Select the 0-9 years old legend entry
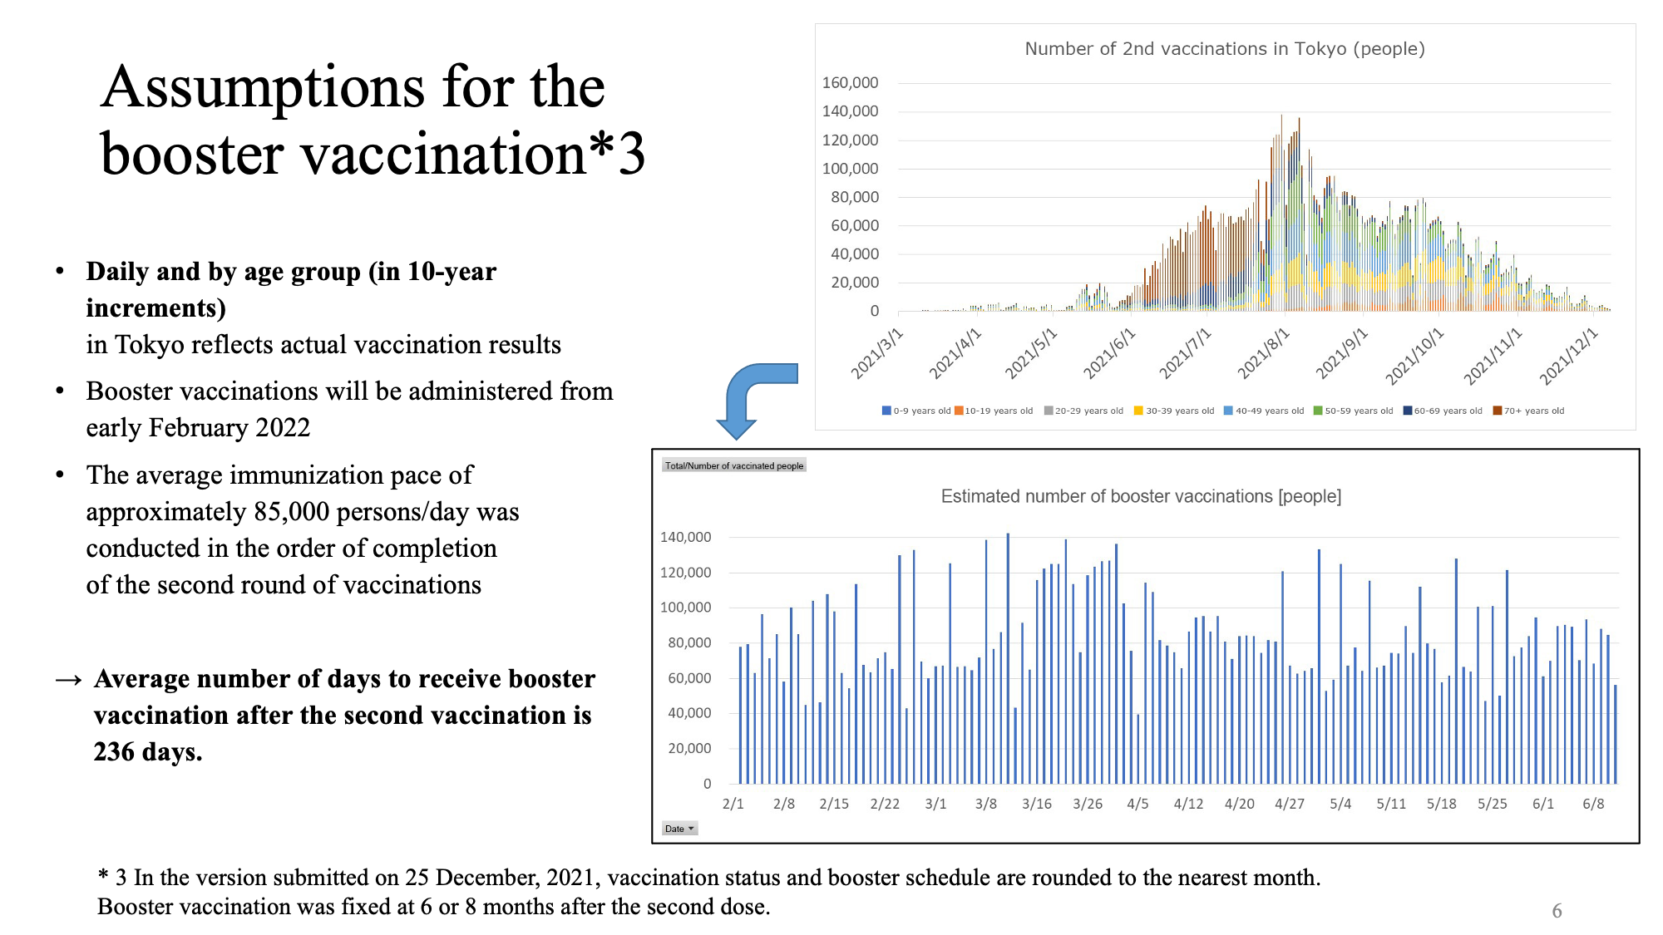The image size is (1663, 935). pos(916,411)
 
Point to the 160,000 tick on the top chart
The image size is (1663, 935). pos(850,83)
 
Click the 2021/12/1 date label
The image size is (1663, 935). pos(1568,356)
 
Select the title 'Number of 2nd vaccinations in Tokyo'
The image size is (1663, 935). pos(1224,49)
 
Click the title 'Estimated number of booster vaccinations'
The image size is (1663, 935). pos(1140,496)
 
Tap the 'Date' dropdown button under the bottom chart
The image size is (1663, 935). pos(679,829)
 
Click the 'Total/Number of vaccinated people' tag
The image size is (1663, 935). pos(734,465)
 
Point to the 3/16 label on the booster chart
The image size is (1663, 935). pos(1036,804)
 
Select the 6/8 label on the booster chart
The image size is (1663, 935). pos(1592,804)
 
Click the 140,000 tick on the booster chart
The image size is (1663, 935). pos(685,537)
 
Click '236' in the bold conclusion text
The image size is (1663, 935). pos(114,751)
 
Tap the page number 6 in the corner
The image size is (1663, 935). pos(1557,911)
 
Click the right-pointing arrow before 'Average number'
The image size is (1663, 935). pos(69,680)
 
